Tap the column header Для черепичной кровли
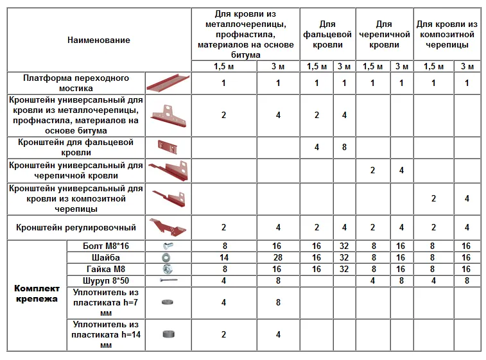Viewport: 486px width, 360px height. (385, 35)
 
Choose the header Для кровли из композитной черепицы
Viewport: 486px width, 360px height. (447, 35)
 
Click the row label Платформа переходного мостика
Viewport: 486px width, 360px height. (76, 83)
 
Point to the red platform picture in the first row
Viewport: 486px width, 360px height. (168, 83)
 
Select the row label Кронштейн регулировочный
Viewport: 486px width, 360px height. (76, 227)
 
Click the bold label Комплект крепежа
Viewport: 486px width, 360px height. (36, 294)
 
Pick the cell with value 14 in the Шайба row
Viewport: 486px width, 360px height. (223, 257)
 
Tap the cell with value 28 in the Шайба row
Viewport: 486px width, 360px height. (277, 257)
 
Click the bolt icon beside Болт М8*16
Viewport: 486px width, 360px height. (168, 246)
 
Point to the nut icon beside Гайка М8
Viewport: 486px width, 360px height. (168, 269)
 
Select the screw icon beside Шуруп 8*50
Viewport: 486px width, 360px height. (168, 280)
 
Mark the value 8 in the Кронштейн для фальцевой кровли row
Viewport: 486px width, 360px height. (344, 147)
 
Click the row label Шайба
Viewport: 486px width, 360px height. (105, 257)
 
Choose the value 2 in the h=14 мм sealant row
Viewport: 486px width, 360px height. (223, 334)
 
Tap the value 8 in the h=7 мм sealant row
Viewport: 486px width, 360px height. (277, 303)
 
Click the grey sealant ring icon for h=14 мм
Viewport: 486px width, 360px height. (168, 334)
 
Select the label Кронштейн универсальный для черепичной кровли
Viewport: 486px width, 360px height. (76, 170)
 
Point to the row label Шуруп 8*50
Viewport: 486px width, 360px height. (105, 280)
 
